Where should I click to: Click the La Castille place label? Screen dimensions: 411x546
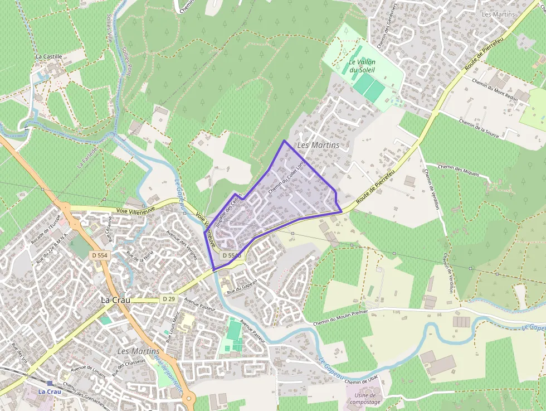pyautogui.click(x=48, y=56)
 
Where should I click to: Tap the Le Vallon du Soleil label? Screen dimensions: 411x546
pyautogui.click(x=362, y=66)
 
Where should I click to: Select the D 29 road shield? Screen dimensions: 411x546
pyautogui.click(x=169, y=299)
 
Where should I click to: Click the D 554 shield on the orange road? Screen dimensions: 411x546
pyautogui.click(x=99, y=255)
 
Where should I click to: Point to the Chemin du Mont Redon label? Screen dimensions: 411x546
pyautogui.click(x=495, y=89)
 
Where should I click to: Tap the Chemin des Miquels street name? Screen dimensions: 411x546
pyautogui.click(x=458, y=170)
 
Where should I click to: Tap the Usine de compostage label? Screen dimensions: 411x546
pyautogui.click(x=366, y=399)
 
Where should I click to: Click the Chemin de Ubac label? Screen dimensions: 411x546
pyautogui.click(x=362, y=381)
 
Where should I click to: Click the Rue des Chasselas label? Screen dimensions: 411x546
pyautogui.click(x=129, y=367)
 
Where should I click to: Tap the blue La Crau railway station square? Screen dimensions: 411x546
pyautogui.click(x=50, y=383)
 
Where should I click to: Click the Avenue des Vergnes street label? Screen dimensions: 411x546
pyautogui.click(x=182, y=246)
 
